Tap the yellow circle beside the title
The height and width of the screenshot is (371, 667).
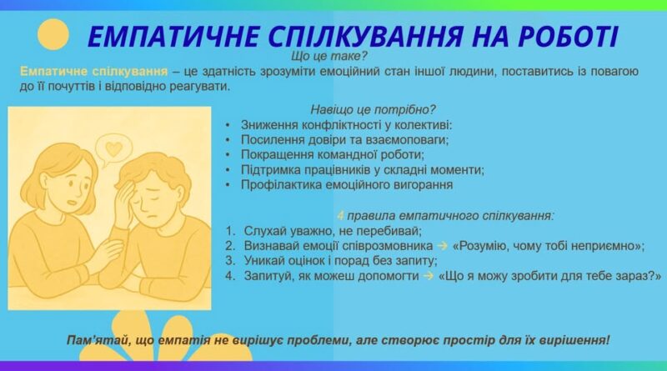tap(53, 34)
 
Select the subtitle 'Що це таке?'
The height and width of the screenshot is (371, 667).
tap(328, 56)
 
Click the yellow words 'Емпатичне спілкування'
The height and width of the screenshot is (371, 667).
tap(93, 71)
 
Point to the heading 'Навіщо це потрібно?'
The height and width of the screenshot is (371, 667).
tap(373, 110)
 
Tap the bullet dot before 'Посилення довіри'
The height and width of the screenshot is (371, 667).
tap(228, 140)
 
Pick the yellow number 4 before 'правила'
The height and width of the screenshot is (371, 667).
tap(340, 216)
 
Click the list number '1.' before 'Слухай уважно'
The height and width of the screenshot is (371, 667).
tap(230, 231)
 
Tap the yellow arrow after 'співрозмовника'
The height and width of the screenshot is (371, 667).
tap(443, 246)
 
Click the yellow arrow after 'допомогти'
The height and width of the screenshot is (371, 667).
tap(429, 276)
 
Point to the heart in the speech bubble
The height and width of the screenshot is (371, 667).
tap(113, 148)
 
